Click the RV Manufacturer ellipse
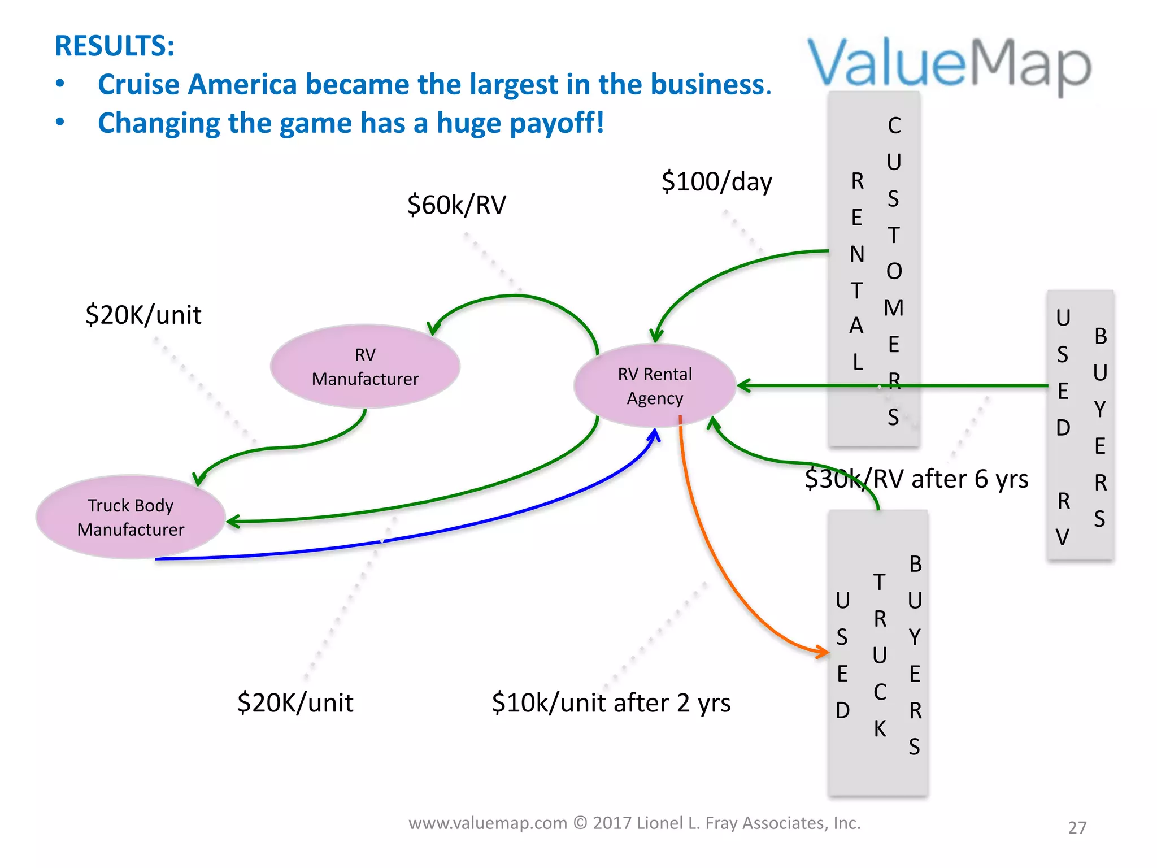click(365, 366)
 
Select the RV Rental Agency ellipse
click(655, 385)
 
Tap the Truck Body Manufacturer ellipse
click(131, 517)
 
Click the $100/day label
click(716, 182)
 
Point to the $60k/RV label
click(456, 205)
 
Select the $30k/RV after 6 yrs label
click(916, 479)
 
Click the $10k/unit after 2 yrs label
click(611, 703)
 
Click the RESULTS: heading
click(115, 46)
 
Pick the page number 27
click(1077, 827)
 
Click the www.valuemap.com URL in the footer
click(488, 823)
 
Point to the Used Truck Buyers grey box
click(878, 653)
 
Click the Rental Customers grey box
click(874, 268)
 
